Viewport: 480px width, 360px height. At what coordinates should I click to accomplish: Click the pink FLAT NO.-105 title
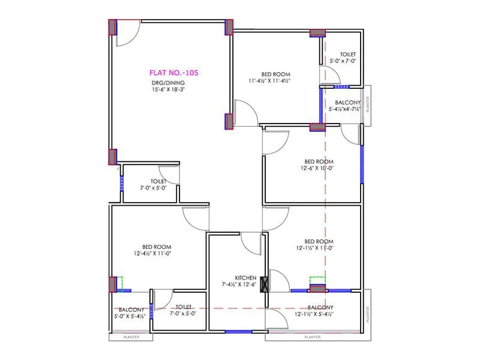point(174,73)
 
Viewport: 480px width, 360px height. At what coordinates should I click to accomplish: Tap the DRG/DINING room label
point(167,83)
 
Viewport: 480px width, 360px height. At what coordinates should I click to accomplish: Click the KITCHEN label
point(246,278)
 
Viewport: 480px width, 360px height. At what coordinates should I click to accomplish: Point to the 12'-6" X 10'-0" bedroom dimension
point(319,168)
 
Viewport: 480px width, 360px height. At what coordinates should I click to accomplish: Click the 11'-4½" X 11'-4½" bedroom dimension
point(269,80)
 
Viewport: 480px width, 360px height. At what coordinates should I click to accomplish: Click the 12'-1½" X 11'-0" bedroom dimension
point(314,247)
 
